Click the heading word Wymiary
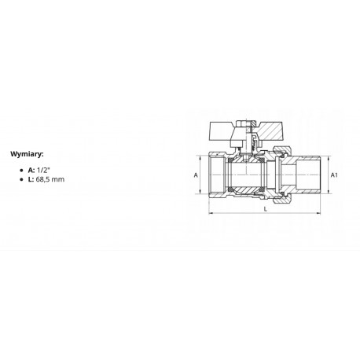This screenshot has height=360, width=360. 27,154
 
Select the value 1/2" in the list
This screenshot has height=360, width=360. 43,170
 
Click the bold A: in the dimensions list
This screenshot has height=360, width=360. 31,170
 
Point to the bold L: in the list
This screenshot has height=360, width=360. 31,179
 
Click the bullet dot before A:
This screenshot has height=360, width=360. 21,171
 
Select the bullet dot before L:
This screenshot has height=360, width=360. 21,180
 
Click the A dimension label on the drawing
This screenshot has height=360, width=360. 196,174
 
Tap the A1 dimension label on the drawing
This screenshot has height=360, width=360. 334,174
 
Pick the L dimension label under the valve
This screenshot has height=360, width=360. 265,209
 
